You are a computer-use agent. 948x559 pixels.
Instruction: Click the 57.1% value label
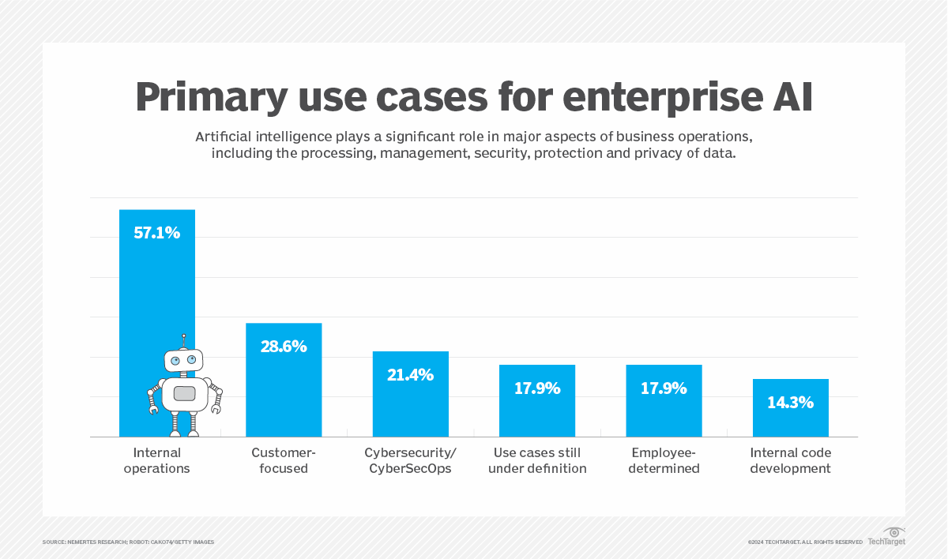pos(156,233)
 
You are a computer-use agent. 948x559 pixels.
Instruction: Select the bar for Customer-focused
pos(284,387)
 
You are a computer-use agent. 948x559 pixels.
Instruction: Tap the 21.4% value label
pos(410,375)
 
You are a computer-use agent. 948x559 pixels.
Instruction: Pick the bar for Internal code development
pos(790,418)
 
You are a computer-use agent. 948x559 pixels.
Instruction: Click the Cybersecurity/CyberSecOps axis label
pos(410,460)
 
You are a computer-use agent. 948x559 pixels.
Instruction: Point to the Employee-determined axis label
pos(664,460)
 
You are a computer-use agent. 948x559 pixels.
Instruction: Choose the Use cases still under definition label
pos(537,460)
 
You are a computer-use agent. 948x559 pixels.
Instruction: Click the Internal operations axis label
pos(156,460)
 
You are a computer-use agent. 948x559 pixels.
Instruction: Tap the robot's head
pos(183,361)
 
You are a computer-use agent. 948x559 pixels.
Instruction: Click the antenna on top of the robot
pos(183,340)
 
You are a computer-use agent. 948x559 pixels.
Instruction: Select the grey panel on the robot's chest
pos(184,393)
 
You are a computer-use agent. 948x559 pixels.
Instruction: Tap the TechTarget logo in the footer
pos(886,537)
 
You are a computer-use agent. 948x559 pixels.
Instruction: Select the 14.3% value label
pos(790,403)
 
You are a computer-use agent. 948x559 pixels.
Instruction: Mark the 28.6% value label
pos(284,347)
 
